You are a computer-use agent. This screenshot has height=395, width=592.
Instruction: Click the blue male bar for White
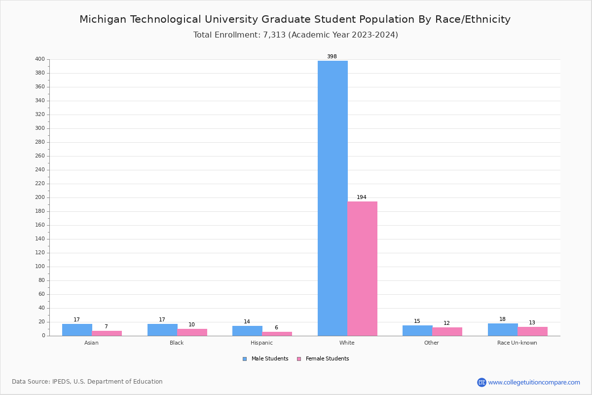click(x=333, y=197)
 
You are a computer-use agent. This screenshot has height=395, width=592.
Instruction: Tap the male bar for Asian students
click(x=77, y=330)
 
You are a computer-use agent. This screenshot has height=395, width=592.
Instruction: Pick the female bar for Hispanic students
click(x=277, y=334)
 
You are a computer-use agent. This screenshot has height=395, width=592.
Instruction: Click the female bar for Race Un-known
click(x=532, y=331)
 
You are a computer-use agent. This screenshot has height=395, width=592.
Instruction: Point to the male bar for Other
click(x=417, y=330)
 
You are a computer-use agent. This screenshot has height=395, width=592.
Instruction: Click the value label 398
click(x=332, y=57)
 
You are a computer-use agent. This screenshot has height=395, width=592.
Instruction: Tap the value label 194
click(x=362, y=197)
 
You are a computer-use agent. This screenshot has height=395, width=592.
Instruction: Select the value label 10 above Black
click(x=191, y=325)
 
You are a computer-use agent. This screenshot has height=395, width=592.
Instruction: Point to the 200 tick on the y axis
click(x=40, y=197)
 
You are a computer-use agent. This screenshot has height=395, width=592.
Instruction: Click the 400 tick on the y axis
click(x=40, y=59)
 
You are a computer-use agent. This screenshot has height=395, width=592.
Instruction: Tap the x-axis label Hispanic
click(x=261, y=343)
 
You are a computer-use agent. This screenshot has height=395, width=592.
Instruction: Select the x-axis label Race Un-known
click(x=517, y=343)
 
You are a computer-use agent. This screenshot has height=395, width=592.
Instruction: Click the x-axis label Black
click(x=177, y=343)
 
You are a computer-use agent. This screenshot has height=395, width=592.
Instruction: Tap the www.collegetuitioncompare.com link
click(x=534, y=382)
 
